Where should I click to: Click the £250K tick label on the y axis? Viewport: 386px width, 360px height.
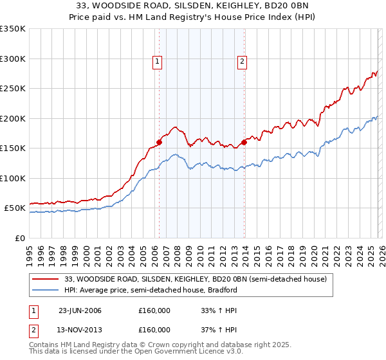(x=13, y=89)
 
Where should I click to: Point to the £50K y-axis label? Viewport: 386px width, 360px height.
(x=15, y=208)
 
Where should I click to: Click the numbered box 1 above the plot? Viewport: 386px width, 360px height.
(x=158, y=62)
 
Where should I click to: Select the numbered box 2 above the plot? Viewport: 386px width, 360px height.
(x=242, y=62)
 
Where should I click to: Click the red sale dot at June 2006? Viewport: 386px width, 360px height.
(x=159, y=143)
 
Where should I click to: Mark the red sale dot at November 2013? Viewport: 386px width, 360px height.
(x=244, y=143)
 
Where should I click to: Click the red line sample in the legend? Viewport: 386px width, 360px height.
(x=46, y=280)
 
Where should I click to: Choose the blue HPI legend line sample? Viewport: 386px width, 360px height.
(x=46, y=290)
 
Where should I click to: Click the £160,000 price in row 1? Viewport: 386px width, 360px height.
(x=154, y=310)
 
